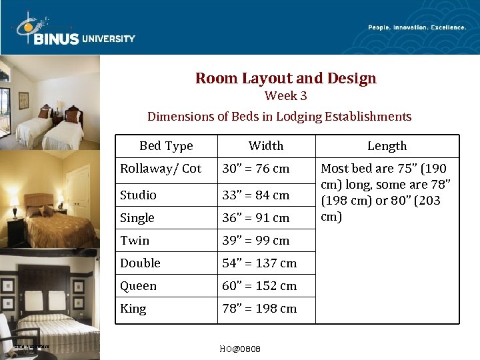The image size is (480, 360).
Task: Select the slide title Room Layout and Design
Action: click(x=285, y=79)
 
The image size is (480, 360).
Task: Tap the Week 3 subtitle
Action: click(x=285, y=96)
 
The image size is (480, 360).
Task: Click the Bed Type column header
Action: click(x=166, y=146)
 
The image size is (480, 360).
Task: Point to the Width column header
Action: click(x=266, y=146)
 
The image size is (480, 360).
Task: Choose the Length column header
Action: click(x=387, y=146)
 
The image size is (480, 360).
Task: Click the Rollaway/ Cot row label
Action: click(x=160, y=169)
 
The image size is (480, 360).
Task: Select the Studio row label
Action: click(x=138, y=195)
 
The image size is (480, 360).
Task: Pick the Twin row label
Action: click(x=135, y=241)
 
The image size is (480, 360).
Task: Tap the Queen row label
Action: click(x=138, y=286)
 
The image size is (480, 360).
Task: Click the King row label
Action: click(x=133, y=309)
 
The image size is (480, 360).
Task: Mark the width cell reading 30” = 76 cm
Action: click(x=256, y=169)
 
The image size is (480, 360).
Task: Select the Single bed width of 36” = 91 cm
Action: click(x=256, y=218)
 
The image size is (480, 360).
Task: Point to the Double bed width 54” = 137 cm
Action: click(x=259, y=263)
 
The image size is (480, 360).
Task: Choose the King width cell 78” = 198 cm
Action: click(x=259, y=309)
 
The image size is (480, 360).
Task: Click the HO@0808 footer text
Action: click(x=240, y=349)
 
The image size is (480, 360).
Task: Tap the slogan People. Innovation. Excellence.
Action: click(x=417, y=27)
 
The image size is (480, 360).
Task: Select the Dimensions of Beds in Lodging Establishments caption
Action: click(x=279, y=117)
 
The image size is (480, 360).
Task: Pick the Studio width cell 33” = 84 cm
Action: click(x=256, y=195)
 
